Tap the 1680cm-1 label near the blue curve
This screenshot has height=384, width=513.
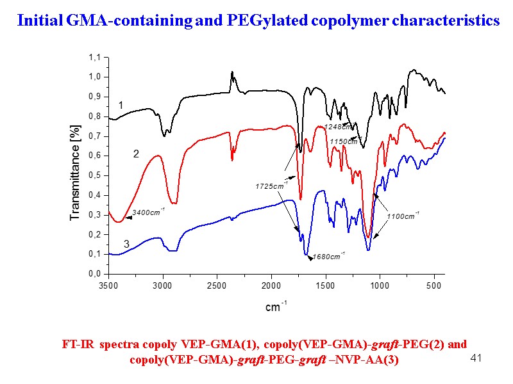click(328, 257)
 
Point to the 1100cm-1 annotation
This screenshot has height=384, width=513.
click(403, 216)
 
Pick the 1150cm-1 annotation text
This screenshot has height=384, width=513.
click(344, 141)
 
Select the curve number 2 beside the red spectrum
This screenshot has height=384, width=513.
click(135, 154)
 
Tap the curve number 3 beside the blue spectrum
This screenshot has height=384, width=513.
click(126, 244)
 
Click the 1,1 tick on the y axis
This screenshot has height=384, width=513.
click(95, 57)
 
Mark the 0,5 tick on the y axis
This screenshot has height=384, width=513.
click(95, 175)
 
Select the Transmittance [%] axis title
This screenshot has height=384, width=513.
click(74, 173)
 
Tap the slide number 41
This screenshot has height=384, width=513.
click(476, 357)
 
